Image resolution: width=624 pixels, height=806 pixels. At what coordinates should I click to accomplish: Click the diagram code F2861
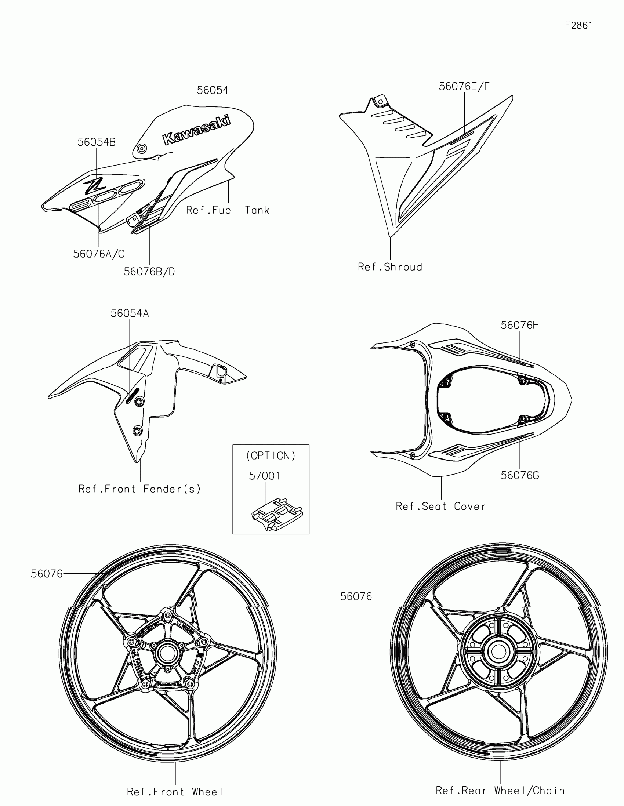[x=578, y=25]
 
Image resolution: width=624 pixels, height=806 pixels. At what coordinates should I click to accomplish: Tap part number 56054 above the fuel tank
[x=213, y=90]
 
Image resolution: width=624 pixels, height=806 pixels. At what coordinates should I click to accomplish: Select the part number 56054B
[x=96, y=142]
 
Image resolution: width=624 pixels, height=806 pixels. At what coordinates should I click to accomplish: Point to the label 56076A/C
[x=99, y=254]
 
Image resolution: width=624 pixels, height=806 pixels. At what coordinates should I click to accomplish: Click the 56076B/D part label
[x=149, y=272]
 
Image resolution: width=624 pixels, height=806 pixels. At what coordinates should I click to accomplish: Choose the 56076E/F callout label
[x=464, y=86]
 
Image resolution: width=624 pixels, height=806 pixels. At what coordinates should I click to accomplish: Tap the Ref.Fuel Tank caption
[x=228, y=210]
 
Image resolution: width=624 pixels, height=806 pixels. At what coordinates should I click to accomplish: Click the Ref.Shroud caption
[x=390, y=267]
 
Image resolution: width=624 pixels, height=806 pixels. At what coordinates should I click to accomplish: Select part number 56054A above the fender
[x=130, y=313]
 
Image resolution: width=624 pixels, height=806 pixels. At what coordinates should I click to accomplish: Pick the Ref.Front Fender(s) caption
[x=139, y=489]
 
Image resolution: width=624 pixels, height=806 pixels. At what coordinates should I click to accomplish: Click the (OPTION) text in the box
[x=271, y=456]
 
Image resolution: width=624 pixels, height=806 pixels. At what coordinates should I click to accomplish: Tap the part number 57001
[x=264, y=476]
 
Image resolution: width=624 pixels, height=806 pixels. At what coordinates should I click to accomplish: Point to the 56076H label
[x=519, y=325]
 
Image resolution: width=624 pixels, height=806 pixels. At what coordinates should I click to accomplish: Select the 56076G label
[x=519, y=475]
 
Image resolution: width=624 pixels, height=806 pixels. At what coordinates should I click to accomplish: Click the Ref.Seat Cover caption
[x=440, y=507]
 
